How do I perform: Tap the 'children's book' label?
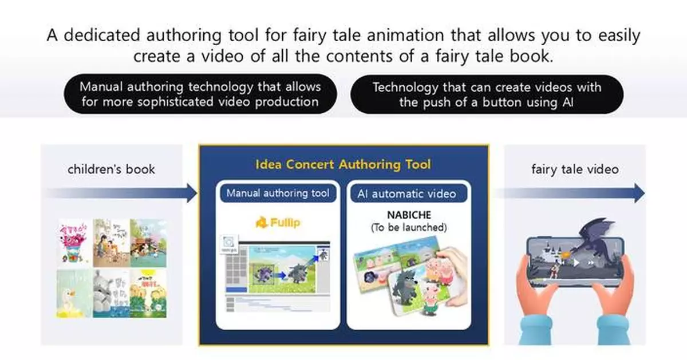pyautogui.click(x=111, y=169)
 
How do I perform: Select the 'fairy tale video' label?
pyautogui.click(x=574, y=169)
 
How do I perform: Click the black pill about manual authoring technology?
pyautogui.click(x=200, y=94)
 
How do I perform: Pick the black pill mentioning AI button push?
pyautogui.click(x=486, y=94)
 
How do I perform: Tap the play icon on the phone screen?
pyautogui.click(x=575, y=263)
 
